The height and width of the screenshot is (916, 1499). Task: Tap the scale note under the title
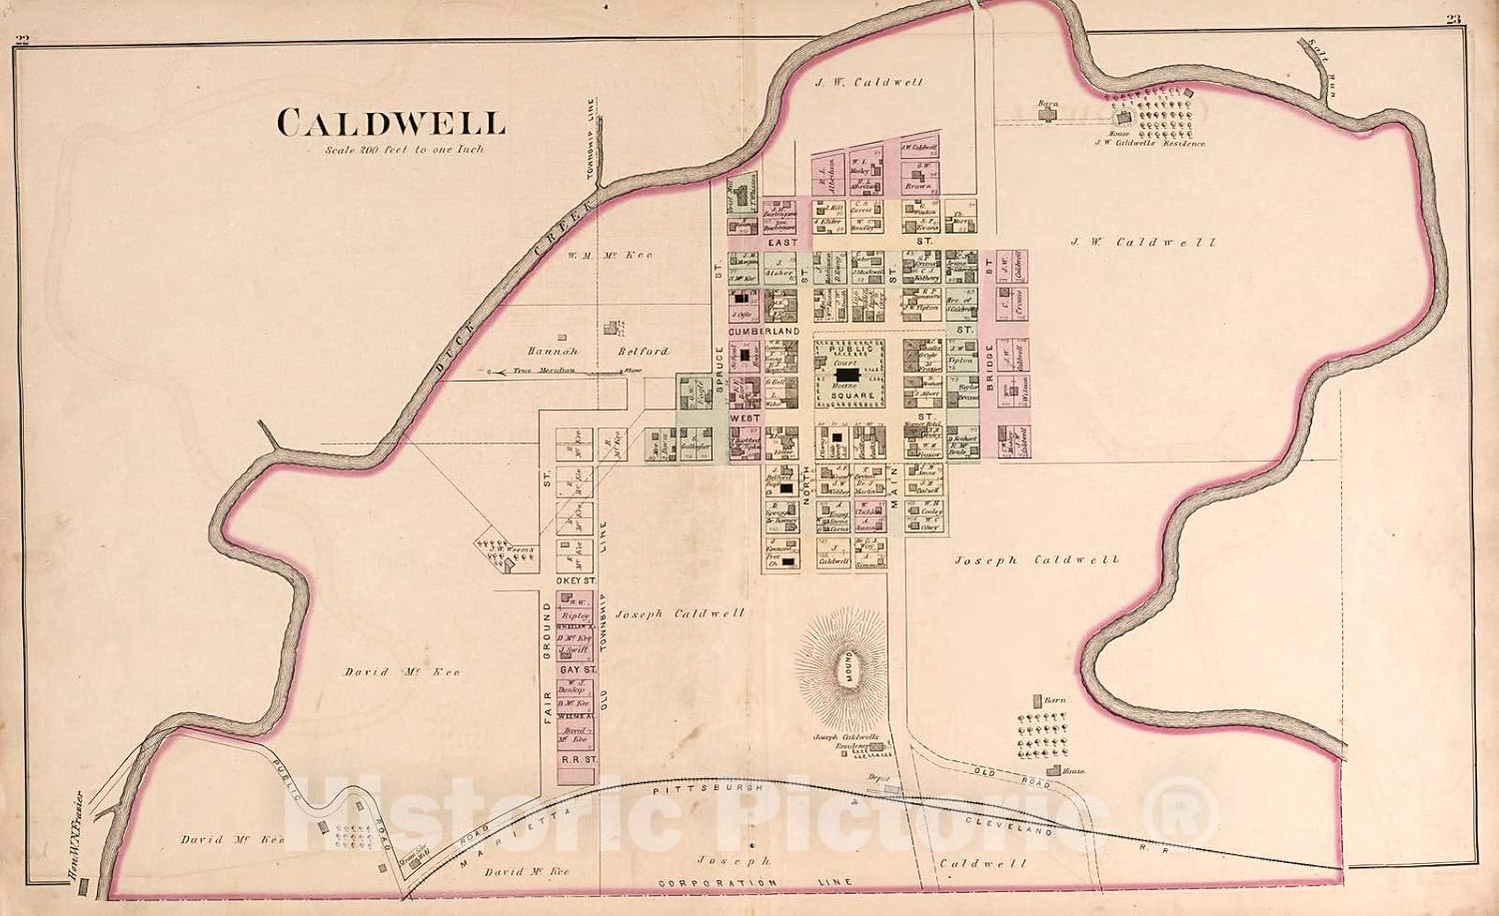403,150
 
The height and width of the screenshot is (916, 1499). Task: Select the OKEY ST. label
575,578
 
